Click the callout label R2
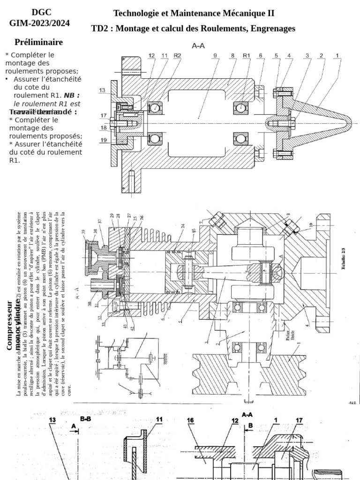(x=177, y=56)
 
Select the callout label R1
(x=247, y=56)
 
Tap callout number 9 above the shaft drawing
(x=215, y=56)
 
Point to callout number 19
(x=103, y=140)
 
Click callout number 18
(x=103, y=127)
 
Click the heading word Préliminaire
(x=38, y=42)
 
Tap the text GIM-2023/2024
(x=40, y=22)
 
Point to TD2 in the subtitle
(x=100, y=29)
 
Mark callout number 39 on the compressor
(x=83, y=231)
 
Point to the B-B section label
(x=85, y=419)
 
